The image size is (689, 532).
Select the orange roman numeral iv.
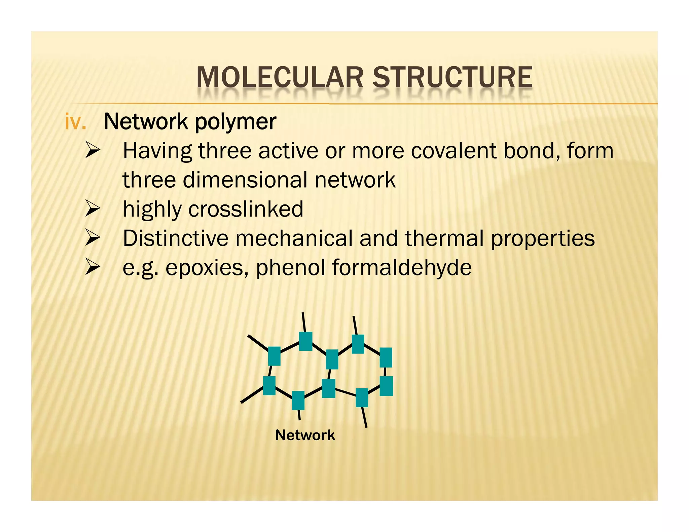[x=75, y=121]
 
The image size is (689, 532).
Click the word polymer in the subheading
[x=235, y=122]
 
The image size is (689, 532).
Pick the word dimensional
[x=245, y=180]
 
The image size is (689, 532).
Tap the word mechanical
[x=294, y=238]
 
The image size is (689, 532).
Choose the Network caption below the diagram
[x=305, y=435]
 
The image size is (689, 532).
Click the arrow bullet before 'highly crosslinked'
[x=93, y=208]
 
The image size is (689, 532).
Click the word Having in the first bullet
[x=157, y=151]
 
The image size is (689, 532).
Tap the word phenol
[x=291, y=268]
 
